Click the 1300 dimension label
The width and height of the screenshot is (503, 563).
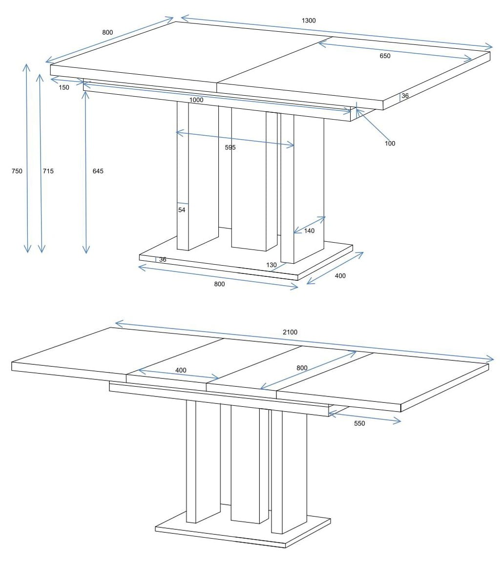click(309, 21)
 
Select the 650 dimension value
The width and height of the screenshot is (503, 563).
click(385, 56)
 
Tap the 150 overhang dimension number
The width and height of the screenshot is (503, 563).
click(64, 87)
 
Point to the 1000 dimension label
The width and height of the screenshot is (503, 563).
click(196, 100)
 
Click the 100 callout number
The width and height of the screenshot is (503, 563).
click(390, 143)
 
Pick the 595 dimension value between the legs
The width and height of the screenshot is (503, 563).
click(230, 147)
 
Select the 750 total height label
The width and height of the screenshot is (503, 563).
click(17, 171)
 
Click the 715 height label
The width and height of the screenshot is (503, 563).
click(48, 171)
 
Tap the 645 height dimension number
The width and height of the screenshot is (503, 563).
click(98, 171)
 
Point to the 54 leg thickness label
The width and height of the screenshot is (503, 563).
click(182, 209)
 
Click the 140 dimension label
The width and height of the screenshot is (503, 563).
click(309, 230)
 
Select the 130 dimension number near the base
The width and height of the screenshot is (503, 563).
click(272, 265)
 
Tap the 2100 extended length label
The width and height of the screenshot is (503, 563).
click(290, 332)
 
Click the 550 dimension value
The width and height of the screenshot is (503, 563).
click(359, 423)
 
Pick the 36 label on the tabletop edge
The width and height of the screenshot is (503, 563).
click(405, 96)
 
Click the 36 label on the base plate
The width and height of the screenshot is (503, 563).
click(163, 259)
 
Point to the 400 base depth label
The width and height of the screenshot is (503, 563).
click(340, 276)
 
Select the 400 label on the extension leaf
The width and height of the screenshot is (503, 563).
click(181, 370)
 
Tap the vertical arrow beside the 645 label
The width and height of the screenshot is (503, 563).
click(85, 172)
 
